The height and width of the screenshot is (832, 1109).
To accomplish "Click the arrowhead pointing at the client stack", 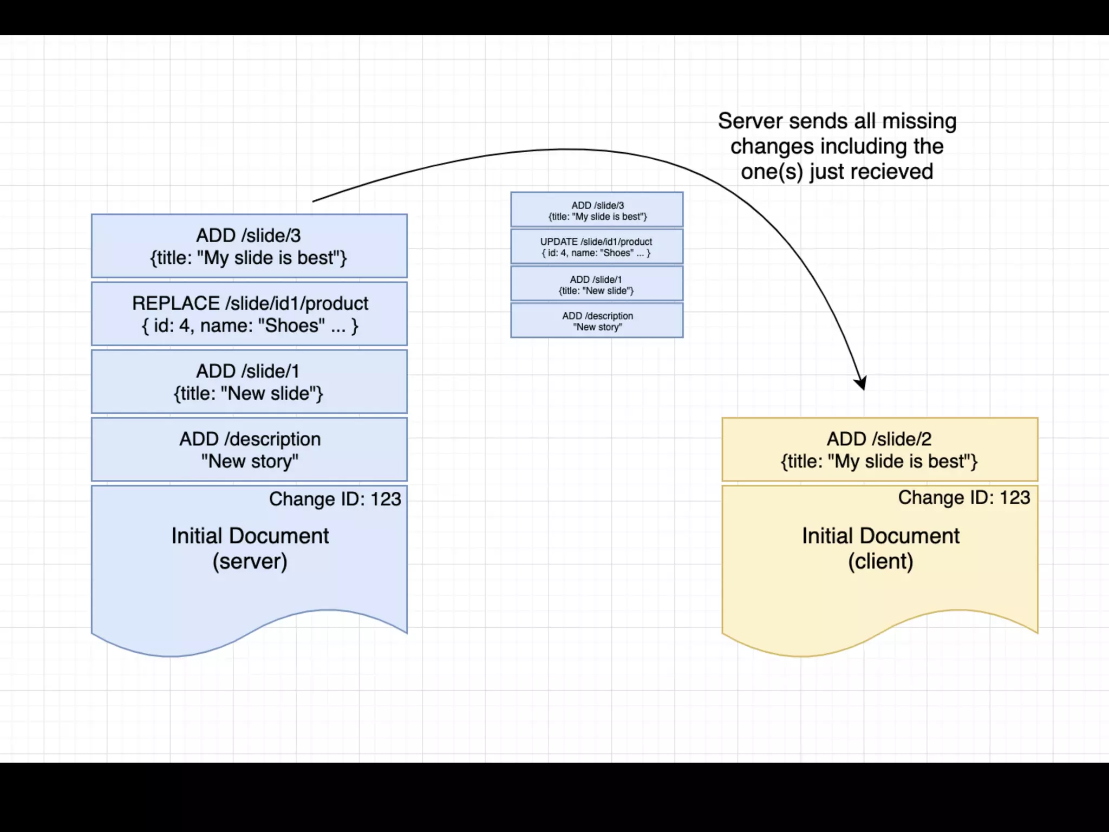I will pyautogui.click(x=861, y=383).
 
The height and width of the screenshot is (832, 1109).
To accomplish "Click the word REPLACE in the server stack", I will pyautogui.click(x=176, y=303).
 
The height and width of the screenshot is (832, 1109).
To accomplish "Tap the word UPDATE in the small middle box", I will pyautogui.click(x=558, y=242).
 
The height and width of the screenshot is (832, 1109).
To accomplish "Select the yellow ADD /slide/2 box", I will pyautogui.click(x=879, y=449).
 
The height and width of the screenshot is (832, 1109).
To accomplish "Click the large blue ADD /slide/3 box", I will pyautogui.click(x=249, y=246).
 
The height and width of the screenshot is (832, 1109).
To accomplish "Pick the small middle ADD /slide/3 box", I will pyautogui.click(x=597, y=210).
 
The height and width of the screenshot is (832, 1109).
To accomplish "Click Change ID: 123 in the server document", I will pyautogui.click(x=335, y=499).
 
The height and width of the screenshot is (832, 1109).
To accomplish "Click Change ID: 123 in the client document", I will pyautogui.click(x=964, y=498).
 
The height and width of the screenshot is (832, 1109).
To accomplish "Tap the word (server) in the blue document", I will pyautogui.click(x=250, y=561).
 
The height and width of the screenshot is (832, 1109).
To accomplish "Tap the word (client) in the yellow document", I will pyautogui.click(x=880, y=561).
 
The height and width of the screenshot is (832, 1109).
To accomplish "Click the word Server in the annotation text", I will pyautogui.click(x=750, y=121).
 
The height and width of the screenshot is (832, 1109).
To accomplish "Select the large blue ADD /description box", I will pyautogui.click(x=249, y=449).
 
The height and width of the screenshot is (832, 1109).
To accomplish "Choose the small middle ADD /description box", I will pyautogui.click(x=597, y=321).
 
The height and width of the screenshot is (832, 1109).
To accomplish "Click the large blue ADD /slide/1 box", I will pyautogui.click(x=249, y=381).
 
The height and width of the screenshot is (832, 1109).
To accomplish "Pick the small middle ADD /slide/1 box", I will pyautogui.click(x=597, y=284).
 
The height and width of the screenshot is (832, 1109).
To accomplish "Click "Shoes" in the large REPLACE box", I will pyautogui.click(x=291, y=326).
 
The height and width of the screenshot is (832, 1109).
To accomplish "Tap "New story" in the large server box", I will pyautogui.click(x=250, y=461).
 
